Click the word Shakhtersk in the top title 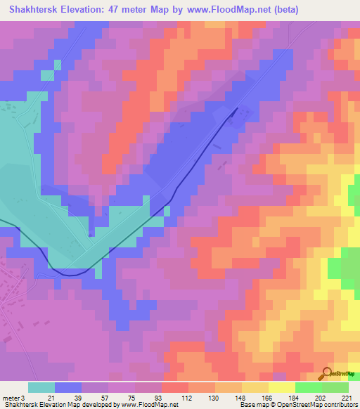[x=33, y=10]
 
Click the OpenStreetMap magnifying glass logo [x=327, y=373]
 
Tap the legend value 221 [x=345, y=397]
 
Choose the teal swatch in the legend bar [x=41, y=387]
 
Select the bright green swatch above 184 [x=309, y=387]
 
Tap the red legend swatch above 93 [x=175, y=387]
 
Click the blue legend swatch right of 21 [x=68, y=387]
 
